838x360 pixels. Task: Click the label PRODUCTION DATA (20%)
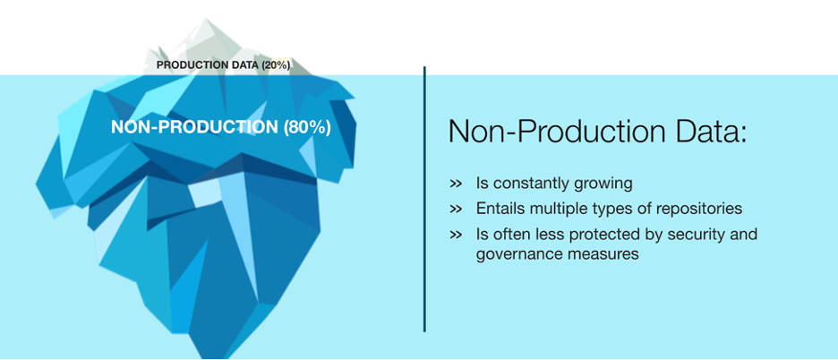[224, 65]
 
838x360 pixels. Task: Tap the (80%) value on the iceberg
[307, 127]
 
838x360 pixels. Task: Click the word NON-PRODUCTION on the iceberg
[194, 127]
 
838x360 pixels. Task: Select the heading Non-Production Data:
[597, 132]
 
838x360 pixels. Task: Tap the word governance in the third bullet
[515, 254]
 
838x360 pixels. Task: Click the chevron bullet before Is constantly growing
[456, 184]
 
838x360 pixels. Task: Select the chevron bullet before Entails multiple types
[456, 209]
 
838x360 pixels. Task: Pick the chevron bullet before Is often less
[456, 235]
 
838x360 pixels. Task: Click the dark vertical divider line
[425, 199]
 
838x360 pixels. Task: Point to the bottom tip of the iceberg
[214, 357]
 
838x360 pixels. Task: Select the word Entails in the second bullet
[500, 209]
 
